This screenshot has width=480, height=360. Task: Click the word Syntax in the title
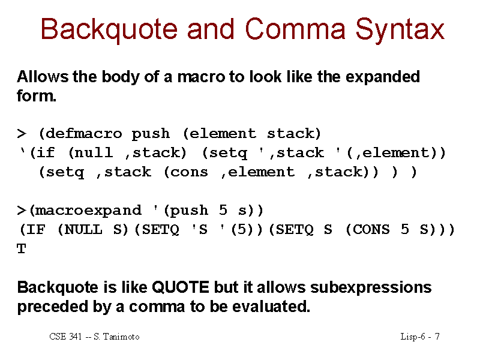coord(400,30)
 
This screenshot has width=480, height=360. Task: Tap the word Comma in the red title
coord(295,29)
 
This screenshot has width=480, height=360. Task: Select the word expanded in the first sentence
coord(383,77)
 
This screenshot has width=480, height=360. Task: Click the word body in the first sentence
coord(121,77)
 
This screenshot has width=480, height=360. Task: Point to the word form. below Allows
coord(37,96)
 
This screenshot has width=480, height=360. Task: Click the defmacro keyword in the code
coord(83,133)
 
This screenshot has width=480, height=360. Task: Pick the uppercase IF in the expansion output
coord(36,229)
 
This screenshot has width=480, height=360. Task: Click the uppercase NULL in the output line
coord(83,229)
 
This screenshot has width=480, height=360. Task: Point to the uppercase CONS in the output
coord(371,229)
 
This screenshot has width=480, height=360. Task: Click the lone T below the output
coord(22,248)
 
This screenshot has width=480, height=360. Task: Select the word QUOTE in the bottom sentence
coord(181,287)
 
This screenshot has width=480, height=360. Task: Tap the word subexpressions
coord(371,288)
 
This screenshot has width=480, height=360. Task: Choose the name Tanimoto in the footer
coord(121,337)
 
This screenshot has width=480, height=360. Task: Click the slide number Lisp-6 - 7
coord(420,337)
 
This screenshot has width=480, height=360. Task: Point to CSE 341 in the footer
coord(65,337)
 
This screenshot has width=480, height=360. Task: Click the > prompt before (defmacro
coord(22,134)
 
